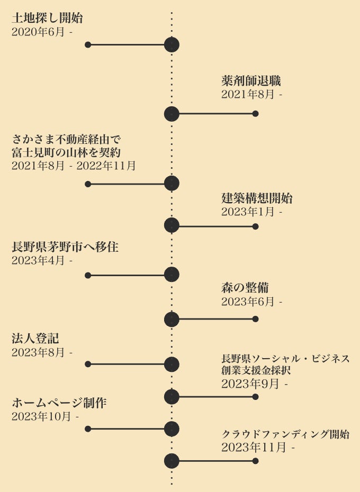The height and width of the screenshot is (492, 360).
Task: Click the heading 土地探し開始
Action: coord(47,18)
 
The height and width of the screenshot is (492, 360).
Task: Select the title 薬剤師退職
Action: coord(250,81)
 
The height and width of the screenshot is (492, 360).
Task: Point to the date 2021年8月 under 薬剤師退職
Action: coord(248,95)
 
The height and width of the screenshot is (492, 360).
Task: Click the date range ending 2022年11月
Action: coord(74,166)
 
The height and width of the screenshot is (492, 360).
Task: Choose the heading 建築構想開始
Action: coord(257,199)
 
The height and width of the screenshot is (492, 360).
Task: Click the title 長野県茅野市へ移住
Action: coord(65,247)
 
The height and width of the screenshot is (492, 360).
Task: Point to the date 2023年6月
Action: coord(248,302)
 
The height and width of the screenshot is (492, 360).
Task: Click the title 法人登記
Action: coord(35,338)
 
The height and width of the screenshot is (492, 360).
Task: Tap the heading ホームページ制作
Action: coord(59,403)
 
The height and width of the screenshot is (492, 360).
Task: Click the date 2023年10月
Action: coord(41,416)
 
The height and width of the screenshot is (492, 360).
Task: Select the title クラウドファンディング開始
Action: coord(285,434)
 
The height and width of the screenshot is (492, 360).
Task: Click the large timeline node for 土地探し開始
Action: coord(172,45)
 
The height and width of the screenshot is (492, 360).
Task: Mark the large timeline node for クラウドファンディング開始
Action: coord(172,461)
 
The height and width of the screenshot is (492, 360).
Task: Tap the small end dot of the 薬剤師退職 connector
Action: coord(255,114)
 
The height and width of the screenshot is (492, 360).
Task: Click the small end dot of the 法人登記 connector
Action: coord(88,364)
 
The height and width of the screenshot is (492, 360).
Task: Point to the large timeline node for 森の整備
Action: coord(172,319)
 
